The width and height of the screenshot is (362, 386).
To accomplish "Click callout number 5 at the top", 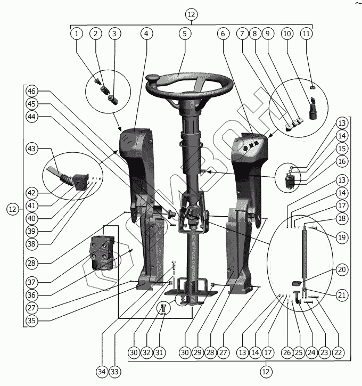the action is click(x=184, y=34).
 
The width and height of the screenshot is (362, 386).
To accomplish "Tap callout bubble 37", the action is click(x=32, y=281).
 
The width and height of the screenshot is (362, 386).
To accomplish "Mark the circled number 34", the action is click(x=102, y=371).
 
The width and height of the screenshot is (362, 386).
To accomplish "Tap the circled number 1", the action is click(x=77, y=34).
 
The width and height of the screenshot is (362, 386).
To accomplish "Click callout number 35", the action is click(x=32, y=321).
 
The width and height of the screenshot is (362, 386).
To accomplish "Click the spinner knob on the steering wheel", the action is click(x=151, y=79).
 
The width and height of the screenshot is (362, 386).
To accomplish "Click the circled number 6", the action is click(x=224, y=34).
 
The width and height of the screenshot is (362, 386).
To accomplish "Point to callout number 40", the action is click(x=32, y=217).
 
